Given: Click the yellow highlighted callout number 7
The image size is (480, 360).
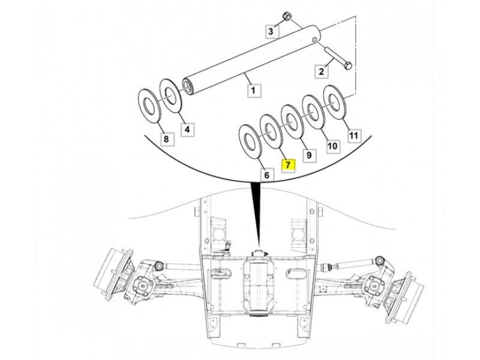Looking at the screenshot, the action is tap(288, 165).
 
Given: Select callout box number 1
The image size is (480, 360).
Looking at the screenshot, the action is tap(253, 91).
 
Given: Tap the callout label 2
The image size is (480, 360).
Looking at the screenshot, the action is tap(321, 71).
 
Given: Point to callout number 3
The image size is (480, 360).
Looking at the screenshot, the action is tap(271, 31).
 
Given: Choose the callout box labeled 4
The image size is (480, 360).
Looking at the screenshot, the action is tap(187, 129).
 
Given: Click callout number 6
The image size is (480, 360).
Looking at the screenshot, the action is tap(266, 175).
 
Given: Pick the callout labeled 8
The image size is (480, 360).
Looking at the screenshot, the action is tap(166, 139).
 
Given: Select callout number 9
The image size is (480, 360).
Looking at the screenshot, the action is tap(308, 155).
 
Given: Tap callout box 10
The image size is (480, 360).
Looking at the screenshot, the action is tap(332, 145).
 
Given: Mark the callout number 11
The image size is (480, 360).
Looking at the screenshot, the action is tap(353, 136).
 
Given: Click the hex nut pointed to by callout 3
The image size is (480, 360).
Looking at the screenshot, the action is tap(287, 17).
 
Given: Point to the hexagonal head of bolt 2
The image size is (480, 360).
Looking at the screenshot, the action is tap(348, 65).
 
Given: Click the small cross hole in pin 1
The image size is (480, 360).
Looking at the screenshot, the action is tap(314, 40).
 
